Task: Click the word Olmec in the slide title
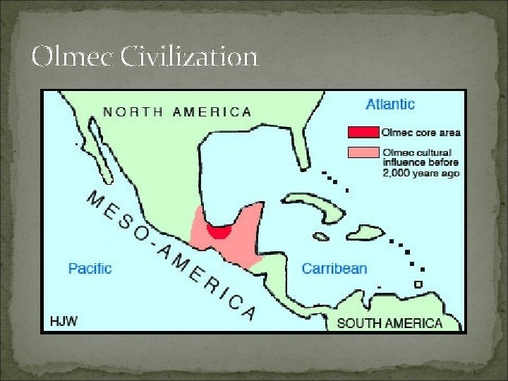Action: (x=71, y=56)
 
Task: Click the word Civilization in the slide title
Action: (x=188, y=56)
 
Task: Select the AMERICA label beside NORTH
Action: (x=212, y=111)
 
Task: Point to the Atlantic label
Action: (x=390, y=104)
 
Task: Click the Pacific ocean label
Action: (x=90, y=268)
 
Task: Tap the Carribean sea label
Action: (x=334, y=268)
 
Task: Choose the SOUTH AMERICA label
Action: (x=389, y=323)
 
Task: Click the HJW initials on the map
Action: (x=64, y=321)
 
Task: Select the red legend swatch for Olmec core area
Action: (x=362, y=132)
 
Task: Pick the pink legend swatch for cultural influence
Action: (x=362, y=152)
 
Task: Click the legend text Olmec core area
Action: (x=421, y=132)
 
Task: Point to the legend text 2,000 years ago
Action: (x=421, y=173)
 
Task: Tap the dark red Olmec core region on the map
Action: (x=221, y=232)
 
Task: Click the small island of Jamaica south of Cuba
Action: (x=321, y=237)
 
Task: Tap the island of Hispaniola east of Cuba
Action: (x=365, y=232)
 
